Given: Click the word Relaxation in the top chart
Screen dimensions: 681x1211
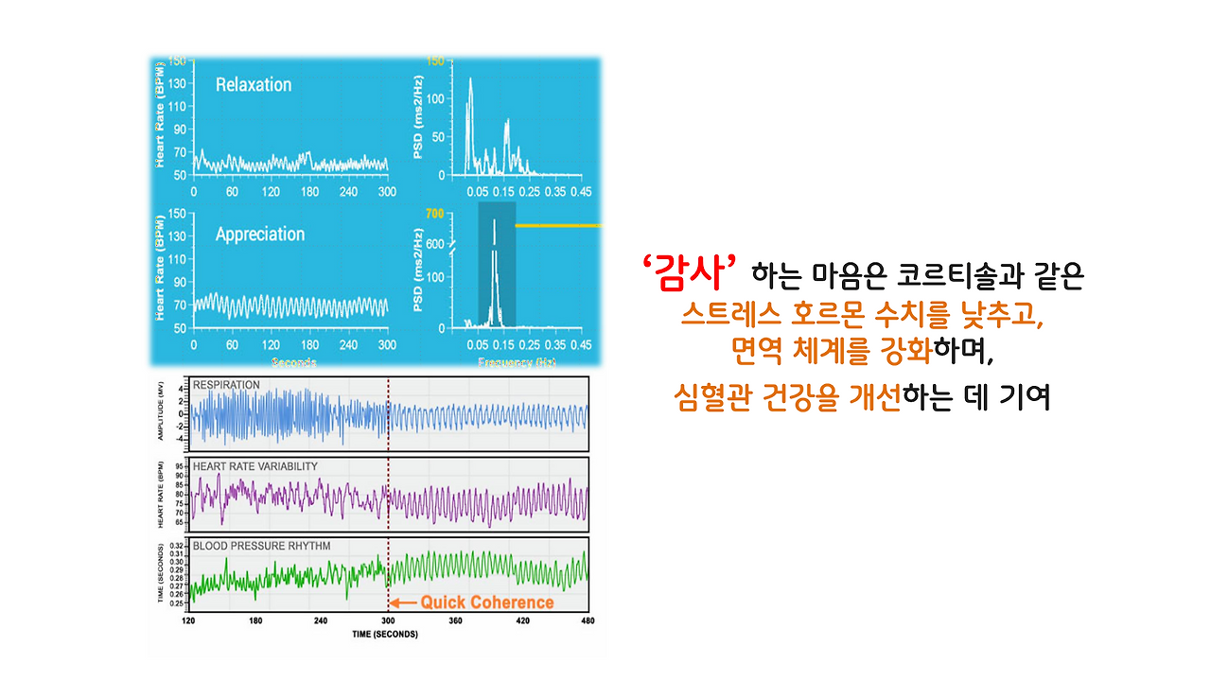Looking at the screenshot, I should (x=254, y=85).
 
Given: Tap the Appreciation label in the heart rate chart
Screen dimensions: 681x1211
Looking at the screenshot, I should (x=260, y=235).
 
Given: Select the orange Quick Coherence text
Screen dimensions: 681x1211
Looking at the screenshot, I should (x=487, y=602).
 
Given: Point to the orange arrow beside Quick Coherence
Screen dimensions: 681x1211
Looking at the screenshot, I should (x=404, y=602).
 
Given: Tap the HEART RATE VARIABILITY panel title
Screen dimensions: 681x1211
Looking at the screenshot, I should (x=254, y=466).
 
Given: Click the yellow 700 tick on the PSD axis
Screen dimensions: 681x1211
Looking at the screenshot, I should (x=434, y=214).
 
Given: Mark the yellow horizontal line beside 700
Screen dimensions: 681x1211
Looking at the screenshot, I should (x=558, y=226).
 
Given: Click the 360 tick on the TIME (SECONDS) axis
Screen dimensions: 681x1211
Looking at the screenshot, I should (x=454, y=620).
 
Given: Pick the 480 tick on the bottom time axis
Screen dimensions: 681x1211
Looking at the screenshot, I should (x=587, y=620).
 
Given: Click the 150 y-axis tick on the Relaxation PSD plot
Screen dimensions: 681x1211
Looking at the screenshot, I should (x=435, y=61).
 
